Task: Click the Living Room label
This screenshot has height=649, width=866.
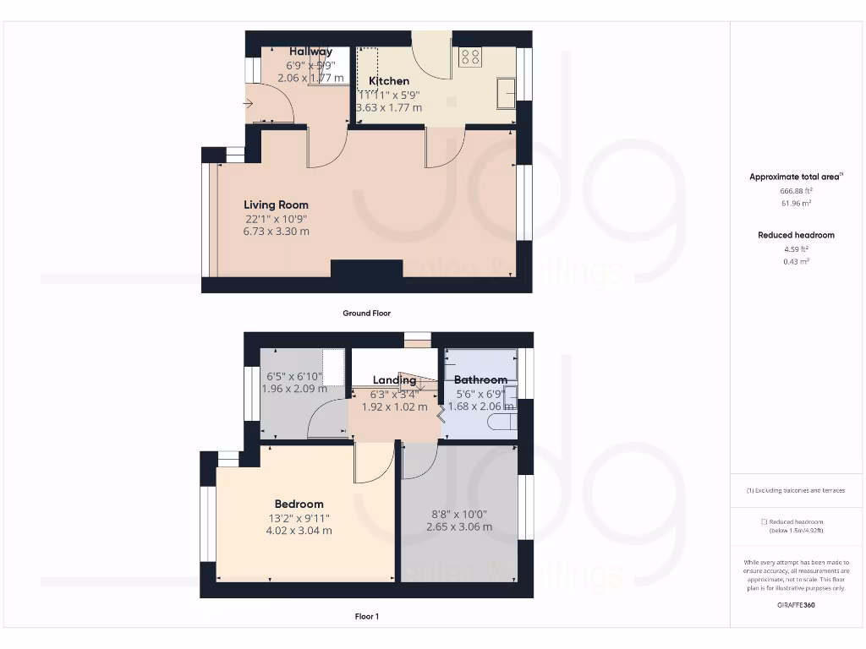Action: pos(276,205)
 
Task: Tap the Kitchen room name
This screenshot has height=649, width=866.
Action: pos(389,81)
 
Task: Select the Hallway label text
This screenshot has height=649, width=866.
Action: pos(310,52)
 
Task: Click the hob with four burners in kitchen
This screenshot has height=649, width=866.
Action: pos(470,57)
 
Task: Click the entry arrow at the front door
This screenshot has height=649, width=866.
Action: pos(248,104)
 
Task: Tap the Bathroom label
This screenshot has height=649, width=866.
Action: pos(480,380)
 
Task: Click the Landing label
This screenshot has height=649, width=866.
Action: pos(394,380)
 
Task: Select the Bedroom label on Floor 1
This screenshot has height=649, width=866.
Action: pos(299,504)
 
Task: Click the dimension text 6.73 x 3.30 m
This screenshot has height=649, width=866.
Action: pos(276,232)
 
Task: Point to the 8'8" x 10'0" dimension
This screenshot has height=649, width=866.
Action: pos(459,514)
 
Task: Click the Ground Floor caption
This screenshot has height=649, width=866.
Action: pos(366,313)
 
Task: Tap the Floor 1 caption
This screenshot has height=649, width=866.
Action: pos(366,617)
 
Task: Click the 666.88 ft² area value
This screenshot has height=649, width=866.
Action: pos(796,191)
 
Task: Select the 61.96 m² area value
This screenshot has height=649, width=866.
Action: pos(796,204)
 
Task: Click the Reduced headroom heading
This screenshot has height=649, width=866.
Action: pos(796,235)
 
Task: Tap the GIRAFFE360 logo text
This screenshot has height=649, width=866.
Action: pos(796,605)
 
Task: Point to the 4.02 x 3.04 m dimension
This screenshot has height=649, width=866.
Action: pos(299,531)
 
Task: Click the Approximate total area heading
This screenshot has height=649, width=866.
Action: pos(795,177)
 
